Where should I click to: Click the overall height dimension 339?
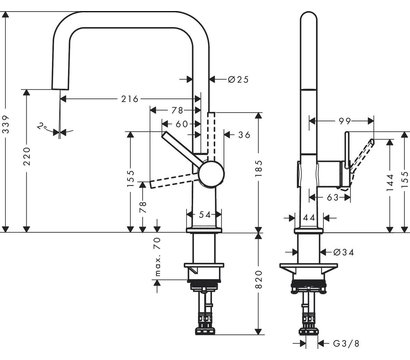[6, 124]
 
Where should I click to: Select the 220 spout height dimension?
[27, 156]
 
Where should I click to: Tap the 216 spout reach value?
[130, 99]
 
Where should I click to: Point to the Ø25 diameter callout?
[238, 79]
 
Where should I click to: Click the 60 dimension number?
[182, 124]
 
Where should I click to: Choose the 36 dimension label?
[244, 135]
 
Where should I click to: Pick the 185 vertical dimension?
[259, 169]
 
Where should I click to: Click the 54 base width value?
[205, 215]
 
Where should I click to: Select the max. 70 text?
[158, 257]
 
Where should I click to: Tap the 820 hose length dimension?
[259, 279]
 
